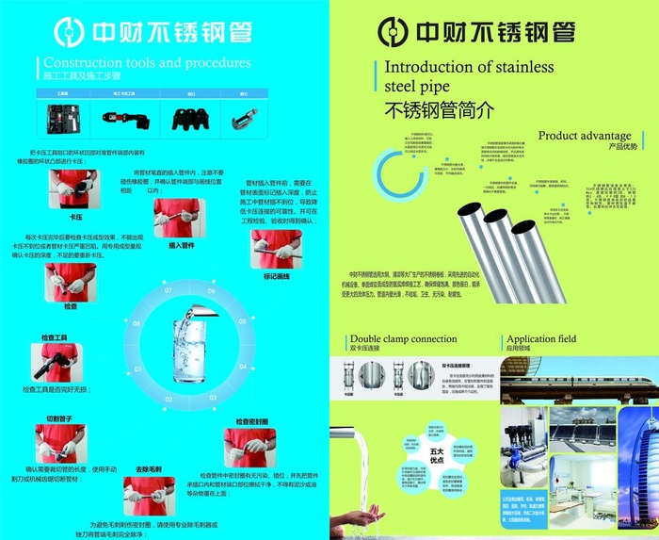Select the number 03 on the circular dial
[x=169, y=399]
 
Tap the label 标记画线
[x=276, y=276]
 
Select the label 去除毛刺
[x=149, y=468]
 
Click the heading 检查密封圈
[x=251, y=421]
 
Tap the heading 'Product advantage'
[x=584, y=136]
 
